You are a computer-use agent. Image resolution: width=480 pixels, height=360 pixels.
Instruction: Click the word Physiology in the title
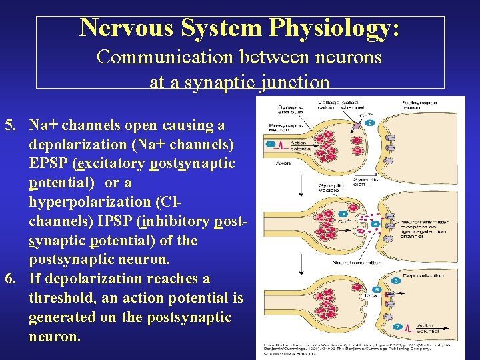point(335,28)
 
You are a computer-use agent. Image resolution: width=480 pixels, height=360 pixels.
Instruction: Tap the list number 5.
point(10,125)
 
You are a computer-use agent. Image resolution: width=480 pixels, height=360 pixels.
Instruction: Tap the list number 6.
point(10,279)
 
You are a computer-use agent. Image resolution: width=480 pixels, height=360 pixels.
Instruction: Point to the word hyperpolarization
point(94,202)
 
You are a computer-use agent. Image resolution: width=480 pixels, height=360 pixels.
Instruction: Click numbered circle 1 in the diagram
point(270,144)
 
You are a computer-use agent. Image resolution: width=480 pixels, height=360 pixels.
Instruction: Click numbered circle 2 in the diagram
point(370,123)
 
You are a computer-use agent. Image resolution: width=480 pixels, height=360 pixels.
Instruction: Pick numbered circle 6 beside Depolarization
point(396,281)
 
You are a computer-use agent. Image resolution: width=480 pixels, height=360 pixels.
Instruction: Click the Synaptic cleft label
point(365,183)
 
